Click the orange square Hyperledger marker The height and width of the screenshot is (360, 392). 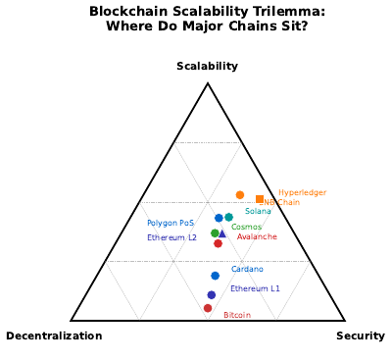click(x=260, y=199)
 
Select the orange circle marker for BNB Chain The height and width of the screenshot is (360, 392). click(x=240, y=195)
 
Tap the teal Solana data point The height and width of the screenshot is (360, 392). click(x=229, y=217)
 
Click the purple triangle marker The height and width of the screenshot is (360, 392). click(x=222, y=233)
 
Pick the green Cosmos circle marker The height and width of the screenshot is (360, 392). click(x=215, y=232)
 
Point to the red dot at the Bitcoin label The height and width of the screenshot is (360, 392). click(x=208, y=308)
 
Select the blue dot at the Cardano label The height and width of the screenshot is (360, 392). click(x=216, y=276)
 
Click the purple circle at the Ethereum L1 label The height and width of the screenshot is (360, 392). click(x=212, y=294)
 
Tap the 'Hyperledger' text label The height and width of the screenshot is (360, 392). click(x=302, y=192)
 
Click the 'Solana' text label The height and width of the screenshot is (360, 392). click(x=258, y=211)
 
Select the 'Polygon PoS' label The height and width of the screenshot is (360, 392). click(x=171, y=223)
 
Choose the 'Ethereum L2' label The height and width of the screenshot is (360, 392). click(x=171, y=237)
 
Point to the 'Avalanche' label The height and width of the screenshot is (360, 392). click(x=257, y=236)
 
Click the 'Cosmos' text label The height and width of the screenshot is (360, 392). click(x=246, y=227)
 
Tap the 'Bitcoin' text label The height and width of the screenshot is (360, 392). click(x=237, y=315)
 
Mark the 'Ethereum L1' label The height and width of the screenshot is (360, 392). click(x=255, y=288)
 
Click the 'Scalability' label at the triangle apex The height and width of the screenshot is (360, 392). click(x=207, y=66)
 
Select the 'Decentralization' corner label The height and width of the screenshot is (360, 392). click(x=54, y=335)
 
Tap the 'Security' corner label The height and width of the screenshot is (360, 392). click(x=361, y=335)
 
